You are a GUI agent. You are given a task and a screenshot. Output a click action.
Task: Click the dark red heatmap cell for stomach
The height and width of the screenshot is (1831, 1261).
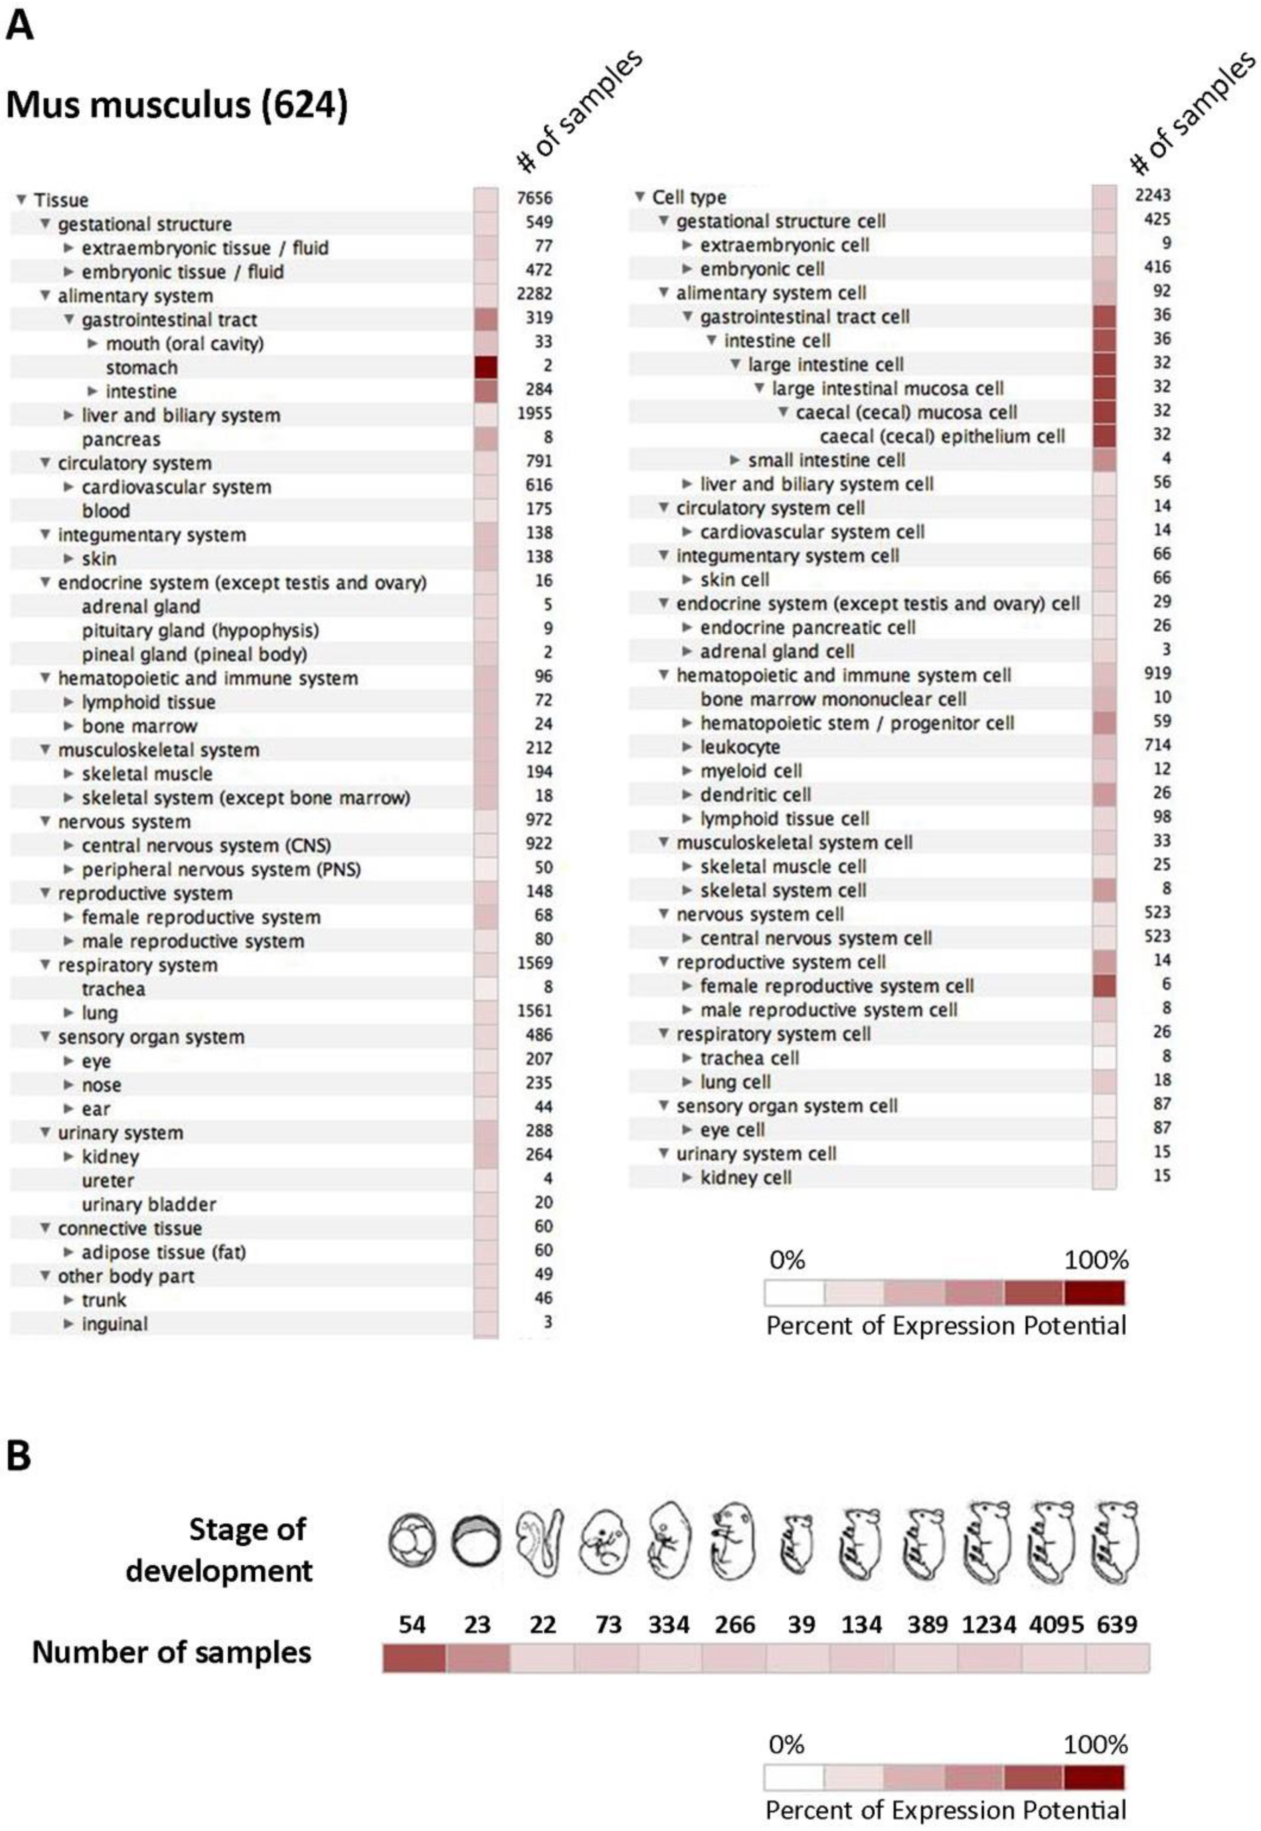tap(486, 367)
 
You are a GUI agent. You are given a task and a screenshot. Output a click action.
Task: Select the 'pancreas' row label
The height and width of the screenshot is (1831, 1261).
tap(121, 439)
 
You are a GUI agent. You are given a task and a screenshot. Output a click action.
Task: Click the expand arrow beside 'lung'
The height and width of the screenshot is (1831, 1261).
tap(69, 1013)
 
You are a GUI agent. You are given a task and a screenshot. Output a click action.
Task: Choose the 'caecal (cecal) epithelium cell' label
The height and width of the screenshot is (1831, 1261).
tap(942, 436)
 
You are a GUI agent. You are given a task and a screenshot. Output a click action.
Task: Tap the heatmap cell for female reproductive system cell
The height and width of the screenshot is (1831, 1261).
tap(1104, 985)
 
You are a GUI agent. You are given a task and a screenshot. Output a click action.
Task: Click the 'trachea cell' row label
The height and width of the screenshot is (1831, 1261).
tap(749, 1058)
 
